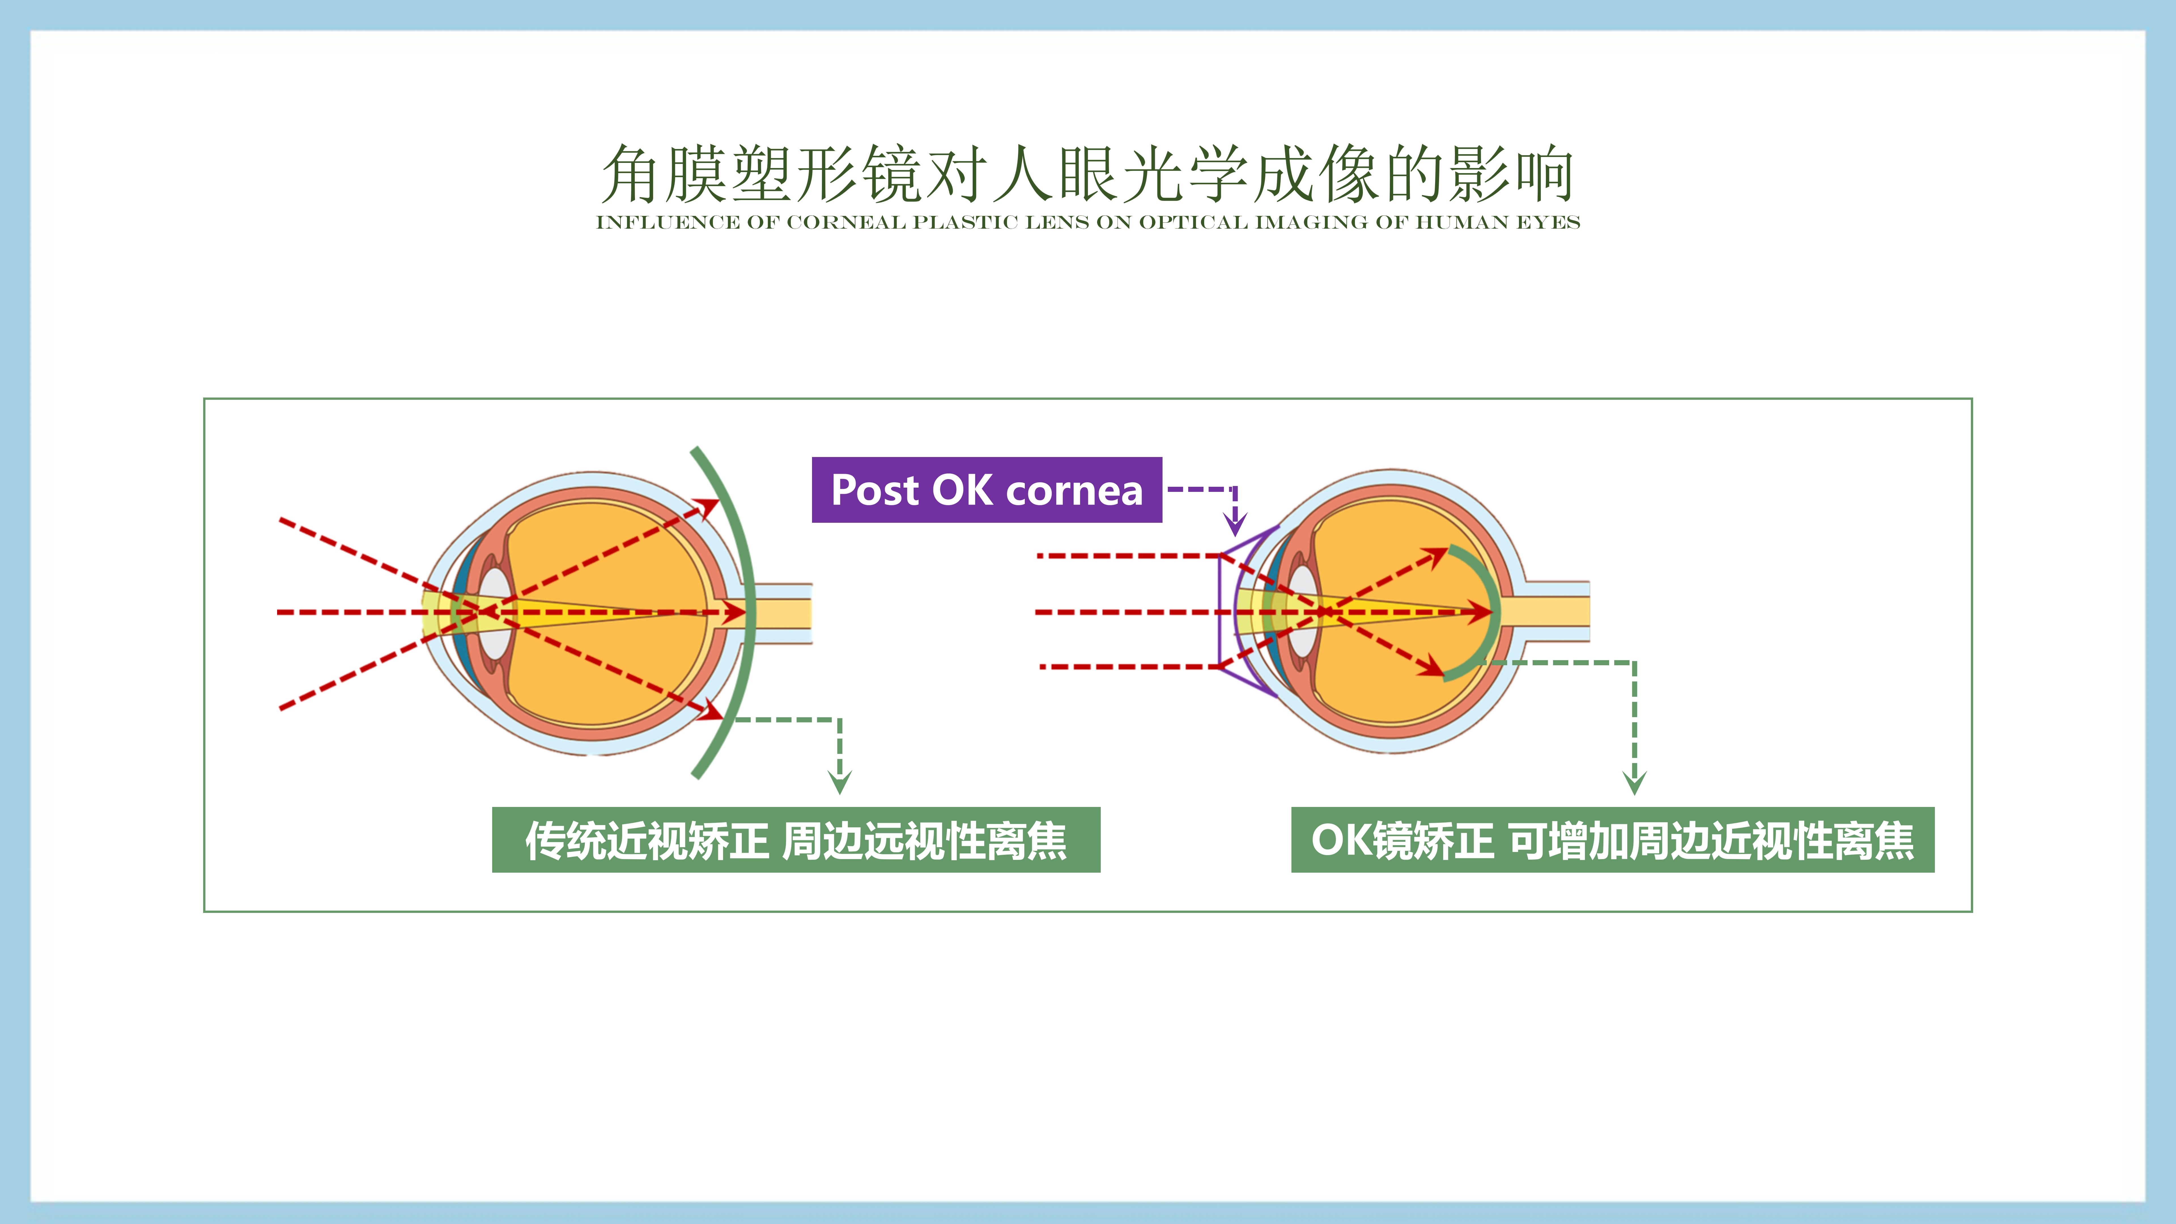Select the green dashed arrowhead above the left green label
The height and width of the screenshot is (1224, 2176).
click(x=840, y=781)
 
